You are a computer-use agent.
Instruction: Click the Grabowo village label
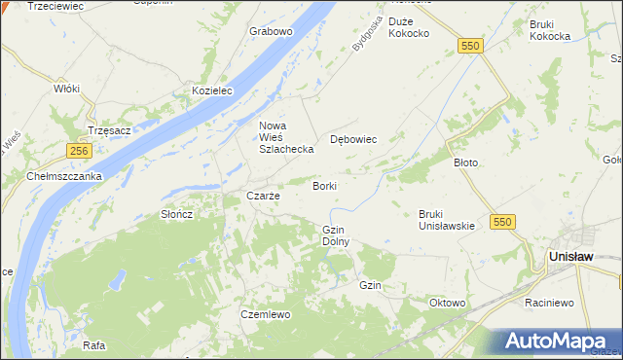tap(271, 31)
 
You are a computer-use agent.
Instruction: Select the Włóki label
tap(66, 88)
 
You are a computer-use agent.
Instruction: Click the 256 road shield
tap(80, 150)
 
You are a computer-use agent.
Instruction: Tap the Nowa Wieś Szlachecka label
tap(285, 137)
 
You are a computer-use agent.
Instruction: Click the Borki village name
tap(325, 185)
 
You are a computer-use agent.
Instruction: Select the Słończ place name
tap(177, 214)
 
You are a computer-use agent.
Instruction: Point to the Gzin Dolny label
tap(335, 234)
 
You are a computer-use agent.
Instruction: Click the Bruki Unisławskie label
tap(446, 219)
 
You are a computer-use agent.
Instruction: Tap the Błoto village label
tap(466, 162)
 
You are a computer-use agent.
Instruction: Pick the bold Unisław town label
tap(571, 255)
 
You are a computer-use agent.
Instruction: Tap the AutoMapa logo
tap(552, 342)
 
